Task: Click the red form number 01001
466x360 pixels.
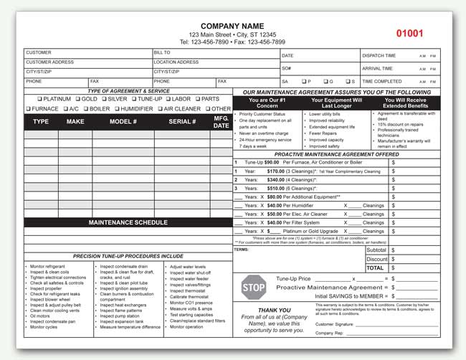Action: point(409,34)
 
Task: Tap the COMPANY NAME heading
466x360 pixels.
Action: point(232,26)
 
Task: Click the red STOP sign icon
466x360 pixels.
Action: point(253,288)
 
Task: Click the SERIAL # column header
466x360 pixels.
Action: point(182,122)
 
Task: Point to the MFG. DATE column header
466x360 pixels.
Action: point(221,122)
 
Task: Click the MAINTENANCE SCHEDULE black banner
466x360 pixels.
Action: point(128,222)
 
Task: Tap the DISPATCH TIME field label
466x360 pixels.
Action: point(379,55)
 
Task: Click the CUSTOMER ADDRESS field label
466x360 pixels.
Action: point(50,62)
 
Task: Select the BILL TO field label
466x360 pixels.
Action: point(162,52)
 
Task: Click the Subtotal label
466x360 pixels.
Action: point(376,250)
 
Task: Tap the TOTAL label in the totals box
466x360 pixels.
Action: point(376,267)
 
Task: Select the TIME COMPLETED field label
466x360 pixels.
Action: point(382,81)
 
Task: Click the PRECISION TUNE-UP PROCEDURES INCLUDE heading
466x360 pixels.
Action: point(128,255)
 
